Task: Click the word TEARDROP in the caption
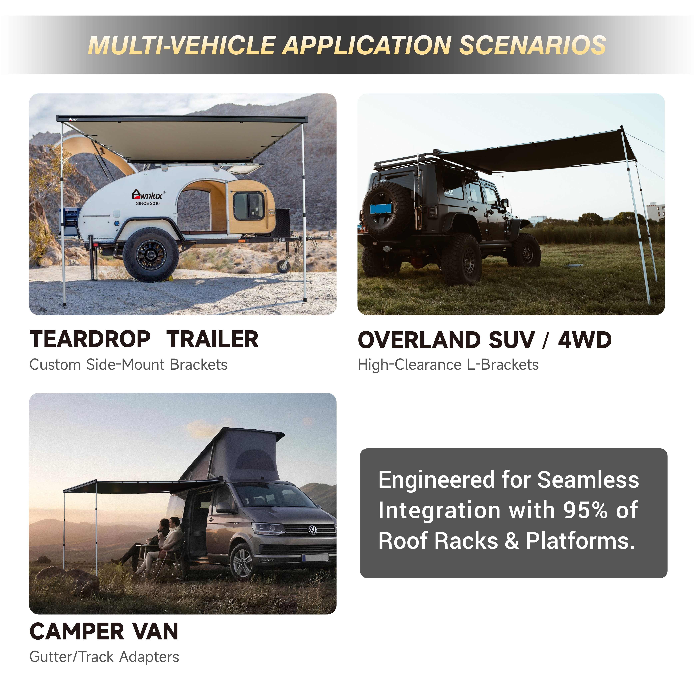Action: point(90,339)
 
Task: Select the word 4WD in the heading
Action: point(584,340)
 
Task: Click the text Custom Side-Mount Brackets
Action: point(128,365)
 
